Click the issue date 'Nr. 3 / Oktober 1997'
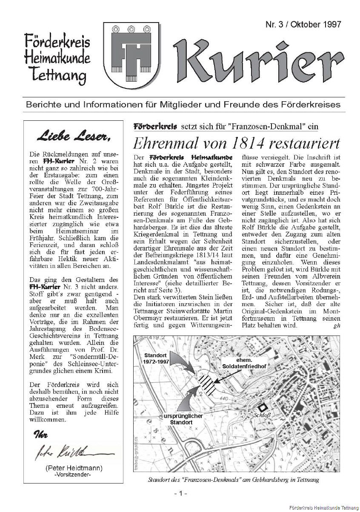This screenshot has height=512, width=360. pyautogui.click(x=303, y=25)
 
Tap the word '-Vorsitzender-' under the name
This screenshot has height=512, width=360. pyautogui.click(x=73, y=475)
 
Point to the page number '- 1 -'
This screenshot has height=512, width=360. pyautogui.click(x=180, y=493)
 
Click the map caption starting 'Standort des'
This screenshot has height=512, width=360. pyautogui.click(x=233, y=480)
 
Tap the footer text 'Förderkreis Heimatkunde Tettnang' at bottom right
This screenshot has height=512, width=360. pyautogui.click(x=323, y=508)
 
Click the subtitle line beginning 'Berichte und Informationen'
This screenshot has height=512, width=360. pyautogui.click(x=183, y=104)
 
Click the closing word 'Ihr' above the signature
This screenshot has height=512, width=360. pyautogui.click(x=41, y=435)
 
